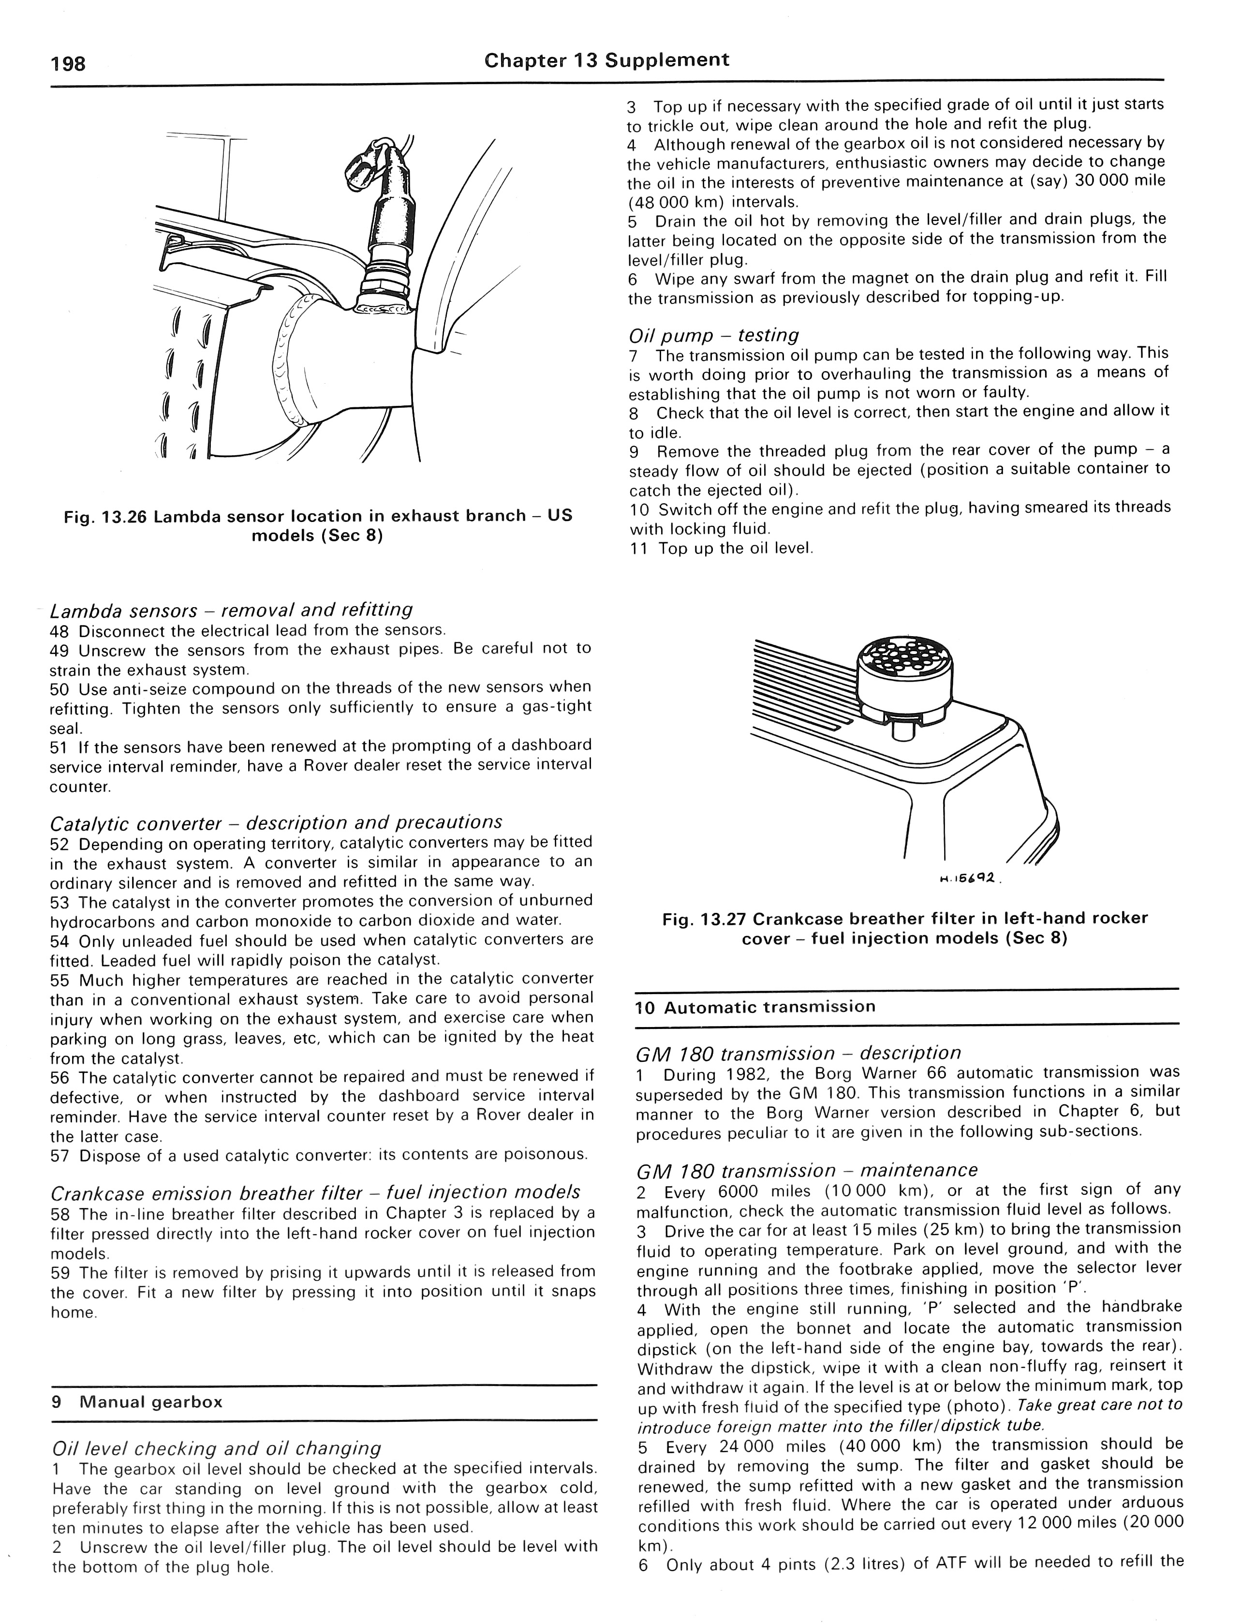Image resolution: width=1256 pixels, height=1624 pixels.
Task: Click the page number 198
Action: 68,64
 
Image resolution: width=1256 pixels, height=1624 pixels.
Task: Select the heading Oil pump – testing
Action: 713,335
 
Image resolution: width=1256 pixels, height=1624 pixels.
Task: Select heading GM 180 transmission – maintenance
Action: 806,1170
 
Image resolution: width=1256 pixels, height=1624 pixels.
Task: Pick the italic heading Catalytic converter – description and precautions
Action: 276,822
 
